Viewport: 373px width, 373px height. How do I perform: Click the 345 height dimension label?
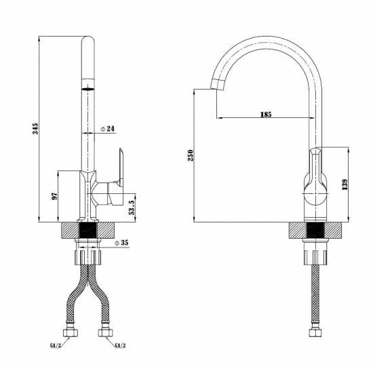click(35, 129)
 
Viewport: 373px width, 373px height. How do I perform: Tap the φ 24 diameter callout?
click(107, 129)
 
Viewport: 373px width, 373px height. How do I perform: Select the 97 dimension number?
click(55, 196)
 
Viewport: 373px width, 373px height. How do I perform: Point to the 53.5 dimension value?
click(132, 208)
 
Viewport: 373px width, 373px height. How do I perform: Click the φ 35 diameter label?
click(121, 243)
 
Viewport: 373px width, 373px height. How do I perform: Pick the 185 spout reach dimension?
click(266, 115)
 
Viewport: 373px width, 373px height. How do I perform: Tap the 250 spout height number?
click(191, 155)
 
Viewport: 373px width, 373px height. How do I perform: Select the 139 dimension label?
click(345, 184)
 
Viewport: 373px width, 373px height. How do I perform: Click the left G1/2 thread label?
click(56, 345)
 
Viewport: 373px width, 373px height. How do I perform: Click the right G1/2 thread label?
click(120, 345)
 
